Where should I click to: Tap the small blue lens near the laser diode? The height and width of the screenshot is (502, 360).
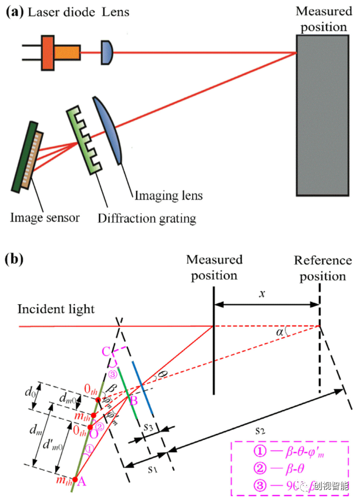coord(107,52)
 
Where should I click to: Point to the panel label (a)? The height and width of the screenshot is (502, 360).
coord(14,12)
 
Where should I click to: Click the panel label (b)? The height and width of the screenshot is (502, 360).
coord(14,258)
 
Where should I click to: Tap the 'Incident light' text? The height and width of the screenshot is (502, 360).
coord(56,309)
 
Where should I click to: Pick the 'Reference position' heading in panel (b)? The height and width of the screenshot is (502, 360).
coord(323,268)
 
